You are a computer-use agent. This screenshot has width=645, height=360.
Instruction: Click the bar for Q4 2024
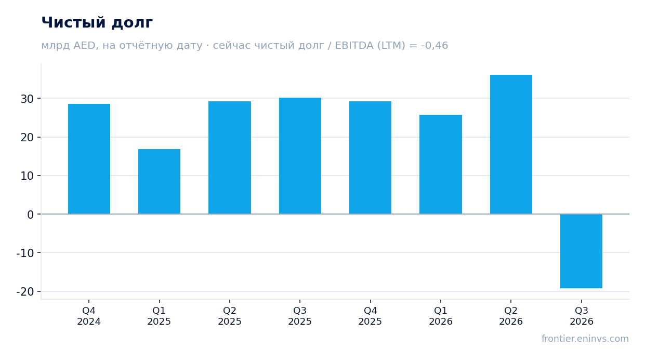click(x=89, y=159)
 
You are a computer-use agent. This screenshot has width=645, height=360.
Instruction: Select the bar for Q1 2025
click(x=159, y=182)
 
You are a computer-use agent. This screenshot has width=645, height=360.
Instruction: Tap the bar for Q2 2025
click(x=230, y=158)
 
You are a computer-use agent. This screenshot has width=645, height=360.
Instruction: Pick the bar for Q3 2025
click(x=300, y=156)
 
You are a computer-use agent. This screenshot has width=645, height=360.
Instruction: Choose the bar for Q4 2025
click(x=370, y=158)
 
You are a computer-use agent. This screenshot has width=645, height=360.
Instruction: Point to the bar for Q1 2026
click(x=441, y=164)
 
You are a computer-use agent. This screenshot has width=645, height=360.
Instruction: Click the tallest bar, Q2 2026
click(x=511, y=144)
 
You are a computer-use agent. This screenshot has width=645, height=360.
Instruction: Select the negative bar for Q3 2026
click(x=582, y=251)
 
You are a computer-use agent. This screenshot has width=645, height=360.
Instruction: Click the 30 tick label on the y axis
click(x=27, y=99)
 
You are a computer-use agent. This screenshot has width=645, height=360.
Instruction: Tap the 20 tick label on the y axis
click(x=27, y=138)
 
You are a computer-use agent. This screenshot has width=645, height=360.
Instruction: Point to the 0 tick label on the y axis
click(x=31, y=215)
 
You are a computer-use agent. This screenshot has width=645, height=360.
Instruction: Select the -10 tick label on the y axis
click(x=25, y=253)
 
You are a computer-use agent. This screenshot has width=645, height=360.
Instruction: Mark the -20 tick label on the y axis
click(x=25, y=292)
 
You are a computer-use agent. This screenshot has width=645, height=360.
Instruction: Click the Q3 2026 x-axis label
click(x=582, y=316)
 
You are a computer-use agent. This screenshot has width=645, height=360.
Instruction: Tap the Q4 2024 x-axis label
click(x=89, y=316)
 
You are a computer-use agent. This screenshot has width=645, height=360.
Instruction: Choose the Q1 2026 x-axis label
click(x=441, y=316)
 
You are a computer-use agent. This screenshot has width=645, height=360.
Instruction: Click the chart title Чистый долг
click(x=97, y=22)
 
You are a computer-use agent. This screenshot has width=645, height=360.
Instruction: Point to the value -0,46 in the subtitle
click(x=435, y=46)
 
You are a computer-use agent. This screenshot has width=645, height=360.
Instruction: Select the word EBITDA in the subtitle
click(x=354, y=46)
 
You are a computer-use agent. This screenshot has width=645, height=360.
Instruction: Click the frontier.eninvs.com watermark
click(x=585, y=339)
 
